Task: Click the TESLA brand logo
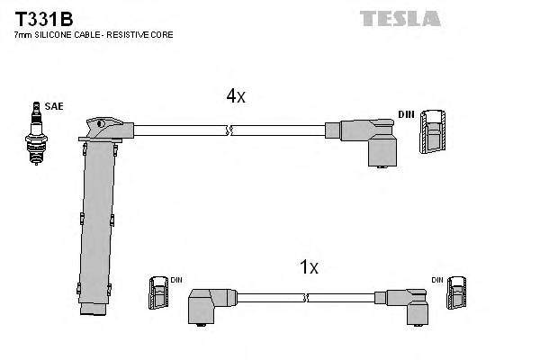coord(400,18)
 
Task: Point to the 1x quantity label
coord(309,267)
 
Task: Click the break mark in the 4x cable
coord(231,131)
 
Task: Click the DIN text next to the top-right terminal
coord(406,114)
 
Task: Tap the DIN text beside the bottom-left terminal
coord(175,280)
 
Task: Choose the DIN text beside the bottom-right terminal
coord(437,280)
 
